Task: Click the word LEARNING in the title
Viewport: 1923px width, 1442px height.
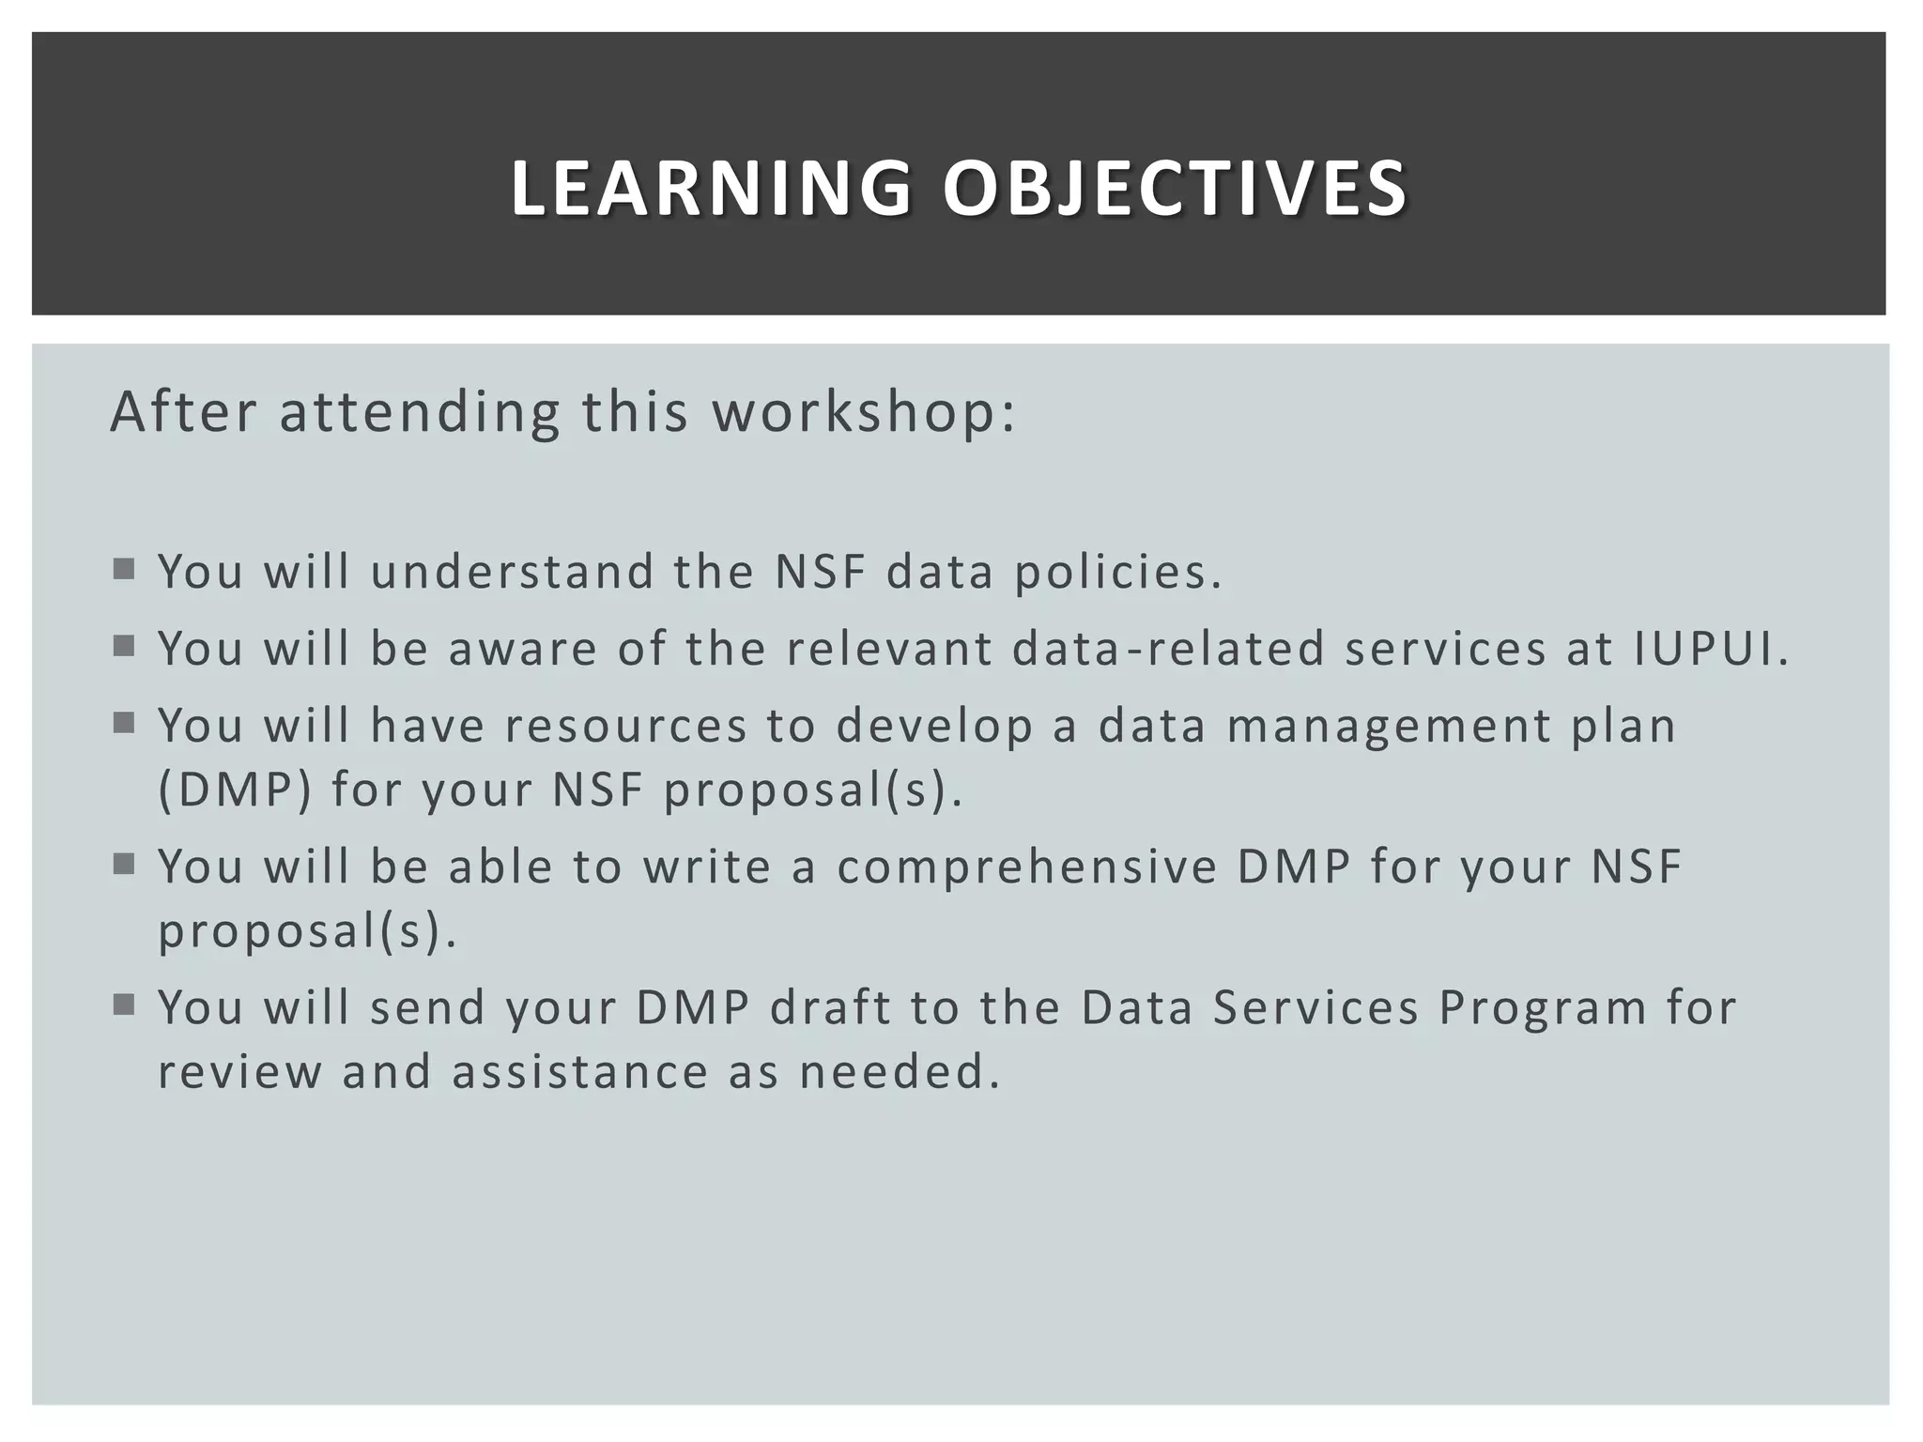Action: [x=711, y=189]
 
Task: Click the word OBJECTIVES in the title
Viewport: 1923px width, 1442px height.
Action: [x=1175, y=189]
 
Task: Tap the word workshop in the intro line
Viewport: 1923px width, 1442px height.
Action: [x=863, y=412]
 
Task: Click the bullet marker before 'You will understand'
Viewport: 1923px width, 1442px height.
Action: [x=124, y=569]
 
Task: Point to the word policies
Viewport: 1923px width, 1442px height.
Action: [x=1117, y=573]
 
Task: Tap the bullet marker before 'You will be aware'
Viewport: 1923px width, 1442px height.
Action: [x=124, y=646]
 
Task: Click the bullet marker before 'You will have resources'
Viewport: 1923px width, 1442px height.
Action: [x=124, y=723]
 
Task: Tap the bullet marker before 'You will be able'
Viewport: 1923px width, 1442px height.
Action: [x=124, y=864]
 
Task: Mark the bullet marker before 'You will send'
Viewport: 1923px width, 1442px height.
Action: [x=124, y=1005]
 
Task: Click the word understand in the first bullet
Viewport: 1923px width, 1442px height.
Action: [x=513, y=573]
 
